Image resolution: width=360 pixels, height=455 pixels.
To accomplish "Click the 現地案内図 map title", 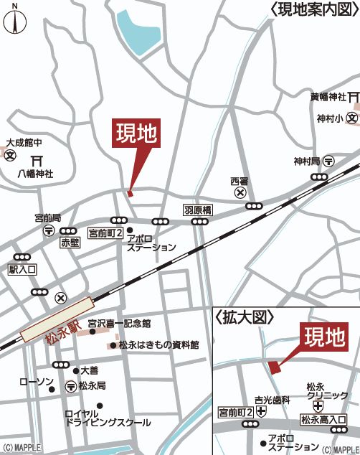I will point(313,9).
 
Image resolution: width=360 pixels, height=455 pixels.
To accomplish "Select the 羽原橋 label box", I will point(198,210).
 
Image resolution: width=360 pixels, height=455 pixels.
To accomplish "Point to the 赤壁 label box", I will point(71,243).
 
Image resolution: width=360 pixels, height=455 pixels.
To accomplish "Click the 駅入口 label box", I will point(22,270).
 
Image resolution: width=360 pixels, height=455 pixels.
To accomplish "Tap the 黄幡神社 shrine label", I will point(328,96).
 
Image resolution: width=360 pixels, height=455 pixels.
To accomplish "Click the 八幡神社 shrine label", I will point(36,173).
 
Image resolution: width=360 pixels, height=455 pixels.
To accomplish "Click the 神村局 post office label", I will point(308,161).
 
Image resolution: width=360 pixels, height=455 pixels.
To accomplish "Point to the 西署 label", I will point(239,180).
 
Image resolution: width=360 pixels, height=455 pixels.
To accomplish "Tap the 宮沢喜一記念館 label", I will point(119,324).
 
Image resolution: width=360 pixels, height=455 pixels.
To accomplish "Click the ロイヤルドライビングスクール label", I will point(108,418).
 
